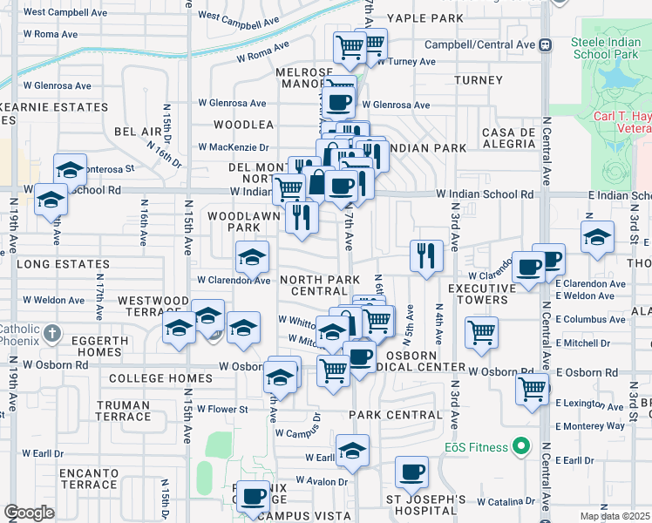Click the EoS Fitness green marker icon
pyautogui.click(x=522, y=447)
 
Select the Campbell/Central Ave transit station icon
pyautogui.click(x=546, y=44)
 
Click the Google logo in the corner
pyautogui.click(x=29, y=513)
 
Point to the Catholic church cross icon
pyautogui.click(x=52, y=332)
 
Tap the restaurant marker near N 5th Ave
pyautogui.click(x=426, y=256)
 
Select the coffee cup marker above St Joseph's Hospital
pyautogui.click(x=411, y=473)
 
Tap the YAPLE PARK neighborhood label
pyautogui.click(x=425, y=18)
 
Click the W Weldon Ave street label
pyautogui.click(x=54, y=300)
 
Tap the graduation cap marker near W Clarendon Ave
pyautogui.click(x=252, y=258)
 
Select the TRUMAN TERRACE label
pyautogui.click(x=123, y=411)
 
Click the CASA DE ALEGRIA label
pyautogui.click(x=507, y=138)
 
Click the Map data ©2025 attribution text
pyautogui.click(x=614, y=516)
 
